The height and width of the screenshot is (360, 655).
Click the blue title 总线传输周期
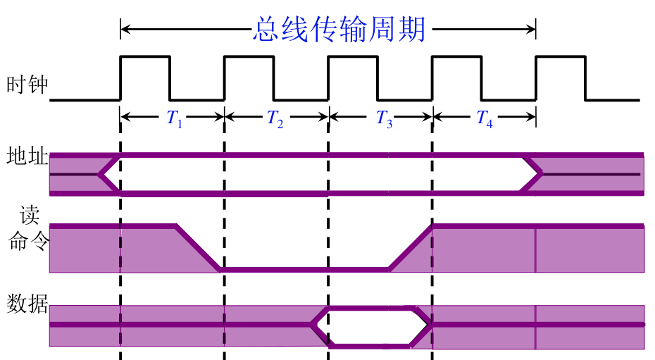click(339, 29)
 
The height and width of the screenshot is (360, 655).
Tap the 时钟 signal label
click(27, 85)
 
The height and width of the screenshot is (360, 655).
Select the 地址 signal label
click(27, 156)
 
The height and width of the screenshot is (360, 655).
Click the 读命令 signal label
click(29, 228)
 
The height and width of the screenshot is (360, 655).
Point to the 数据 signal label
click(27, 304)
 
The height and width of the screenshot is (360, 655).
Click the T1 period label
click(174, 118)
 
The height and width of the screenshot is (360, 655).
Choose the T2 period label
click(275, 118)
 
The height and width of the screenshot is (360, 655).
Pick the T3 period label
click(385, 118)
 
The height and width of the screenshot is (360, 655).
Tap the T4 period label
click(485, 118)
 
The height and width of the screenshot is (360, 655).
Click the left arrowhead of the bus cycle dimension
click(125, 29)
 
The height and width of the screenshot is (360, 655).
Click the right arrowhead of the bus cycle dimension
click(531, 29)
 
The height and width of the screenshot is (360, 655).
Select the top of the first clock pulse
click(145, 56)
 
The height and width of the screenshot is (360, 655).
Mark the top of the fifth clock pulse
click(561, 56)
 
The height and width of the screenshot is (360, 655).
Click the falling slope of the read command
click(199, 248)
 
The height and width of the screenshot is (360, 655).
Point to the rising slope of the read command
click(410, 248)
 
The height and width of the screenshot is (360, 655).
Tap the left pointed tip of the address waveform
click(99, 174)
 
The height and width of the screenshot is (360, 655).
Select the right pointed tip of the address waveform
click(542, 173)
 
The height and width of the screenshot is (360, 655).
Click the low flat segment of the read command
click(305, 270)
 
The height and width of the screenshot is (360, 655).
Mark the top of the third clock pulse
click(353, 56)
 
